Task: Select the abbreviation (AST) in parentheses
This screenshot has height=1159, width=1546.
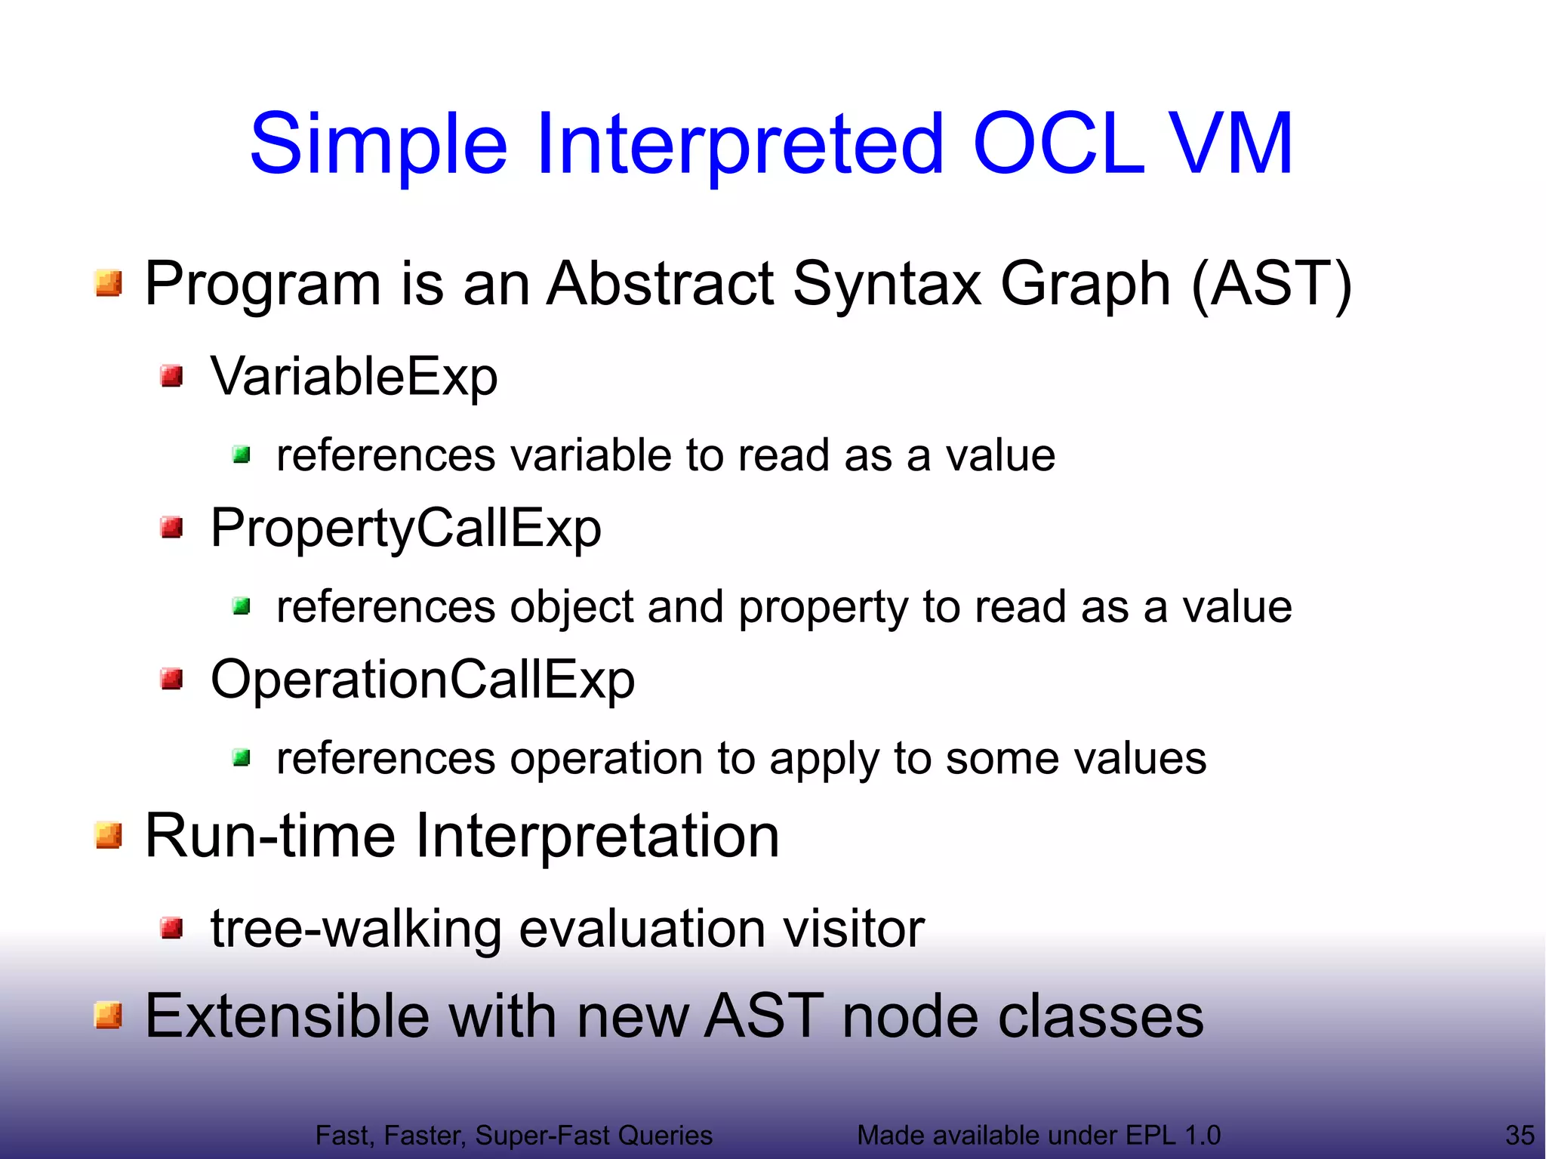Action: [1271, 284]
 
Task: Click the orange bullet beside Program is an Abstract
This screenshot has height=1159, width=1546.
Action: [109, 283]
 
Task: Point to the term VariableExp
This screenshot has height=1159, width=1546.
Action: [354, 376]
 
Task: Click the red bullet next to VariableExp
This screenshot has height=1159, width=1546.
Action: [172, 375]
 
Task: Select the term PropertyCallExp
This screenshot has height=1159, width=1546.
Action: [405, 528]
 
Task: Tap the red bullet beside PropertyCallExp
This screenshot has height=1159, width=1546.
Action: [172, 527]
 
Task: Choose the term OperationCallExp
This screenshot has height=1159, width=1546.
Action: [422, 680]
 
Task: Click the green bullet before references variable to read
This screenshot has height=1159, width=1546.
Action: [242, 455]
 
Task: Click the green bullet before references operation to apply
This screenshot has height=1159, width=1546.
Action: [242, 757]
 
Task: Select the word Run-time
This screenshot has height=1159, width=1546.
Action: [269, 837]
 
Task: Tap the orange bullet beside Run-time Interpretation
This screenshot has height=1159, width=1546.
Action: [109, 836]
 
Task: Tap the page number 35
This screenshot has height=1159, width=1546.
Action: [1520, 1135]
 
